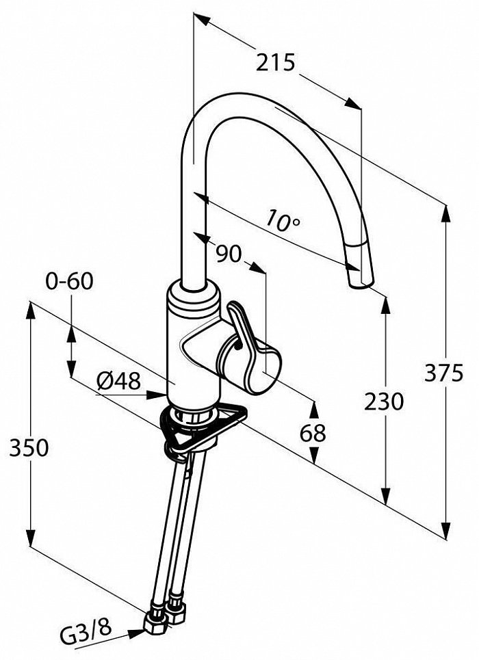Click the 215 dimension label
[x=276, y=63]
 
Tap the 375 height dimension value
[x=443, y=373]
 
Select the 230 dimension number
[x=384, y=401]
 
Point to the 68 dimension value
[x=313, y=433]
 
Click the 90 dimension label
[x=229, y=253]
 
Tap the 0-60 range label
[x=69, y=281]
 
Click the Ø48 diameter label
[x=118, y=382]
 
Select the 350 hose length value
[x=29, y=447]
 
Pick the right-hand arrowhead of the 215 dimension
[x=352, y=104]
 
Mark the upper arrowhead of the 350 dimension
[x=30, y=312]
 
